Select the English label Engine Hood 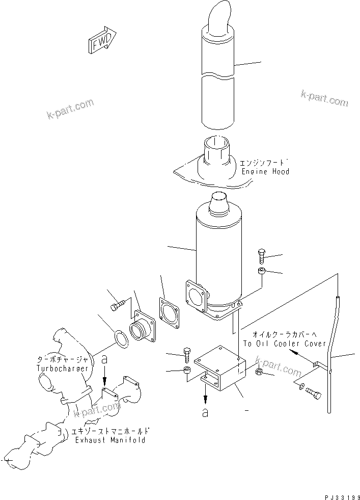click(265, 172)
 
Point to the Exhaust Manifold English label click(109, 439)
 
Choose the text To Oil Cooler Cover click(284, 344)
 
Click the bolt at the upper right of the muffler click(261, 255)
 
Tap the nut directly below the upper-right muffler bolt click(261, 271)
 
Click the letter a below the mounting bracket click(205, 413)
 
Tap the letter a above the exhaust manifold click(104, 359)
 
